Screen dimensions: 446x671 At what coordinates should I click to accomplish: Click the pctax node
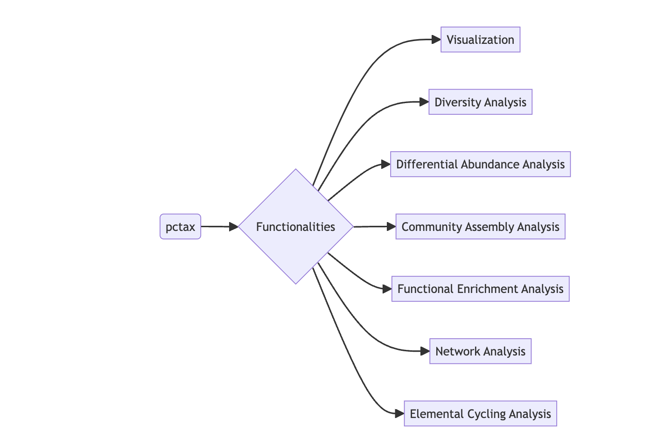click(180, 227)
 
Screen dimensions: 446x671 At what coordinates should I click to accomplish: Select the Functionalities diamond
click(295, 227)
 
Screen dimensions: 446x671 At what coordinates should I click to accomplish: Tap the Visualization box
click(480, 40)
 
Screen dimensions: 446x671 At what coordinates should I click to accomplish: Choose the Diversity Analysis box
click(480, 102)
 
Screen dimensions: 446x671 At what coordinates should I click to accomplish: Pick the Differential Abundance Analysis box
click(480, 164)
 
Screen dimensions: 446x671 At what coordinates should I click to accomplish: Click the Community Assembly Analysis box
click(480, 227)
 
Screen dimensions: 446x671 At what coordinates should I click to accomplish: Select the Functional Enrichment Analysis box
click(480, 289)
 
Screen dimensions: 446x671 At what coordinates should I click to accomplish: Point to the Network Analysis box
click(480, 351)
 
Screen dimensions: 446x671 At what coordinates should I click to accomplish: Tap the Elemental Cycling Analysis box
click(480, 414)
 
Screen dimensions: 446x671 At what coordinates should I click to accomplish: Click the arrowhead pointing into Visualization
click(436, 40)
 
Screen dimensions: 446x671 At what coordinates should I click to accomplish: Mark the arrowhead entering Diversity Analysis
click(424, 102)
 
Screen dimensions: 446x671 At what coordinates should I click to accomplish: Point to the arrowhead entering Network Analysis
click(425, 351)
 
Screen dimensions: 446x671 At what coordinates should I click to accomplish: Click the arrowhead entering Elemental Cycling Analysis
click(399, 414)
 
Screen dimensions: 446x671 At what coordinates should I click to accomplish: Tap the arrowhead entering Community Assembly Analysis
click(391, 227)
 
